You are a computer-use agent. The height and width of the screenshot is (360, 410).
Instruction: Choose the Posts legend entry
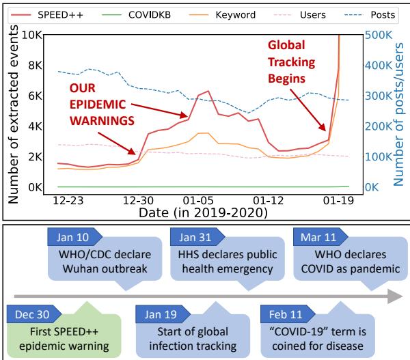click(x=379, y=13)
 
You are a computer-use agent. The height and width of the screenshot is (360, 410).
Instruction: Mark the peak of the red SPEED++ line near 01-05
click(x=207, y=91)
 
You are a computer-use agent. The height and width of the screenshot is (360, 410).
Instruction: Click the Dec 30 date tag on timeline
click(x=29, y=316)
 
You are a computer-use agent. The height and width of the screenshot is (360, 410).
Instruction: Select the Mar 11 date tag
click(x=318, y=237)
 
